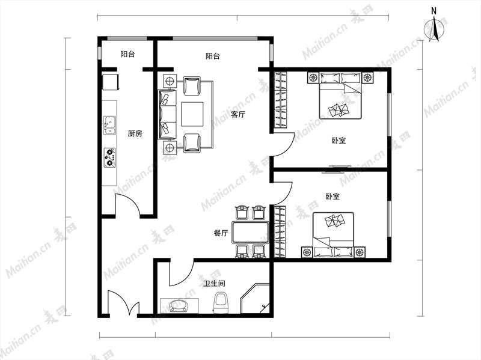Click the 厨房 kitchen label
tap(135, 133)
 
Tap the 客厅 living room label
tap(238, 115)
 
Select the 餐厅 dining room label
tap(221, 233)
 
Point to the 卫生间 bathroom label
tap(215, 283)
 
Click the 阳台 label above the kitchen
tap(127, 54)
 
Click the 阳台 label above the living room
tap(213, 56)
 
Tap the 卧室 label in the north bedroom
tap(339, 141)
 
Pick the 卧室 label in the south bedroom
tap(333, 197)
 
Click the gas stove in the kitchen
tap(110, 157)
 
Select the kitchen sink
tap(109, 126)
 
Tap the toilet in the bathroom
tap(221, 303)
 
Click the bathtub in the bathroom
tap(179, 306)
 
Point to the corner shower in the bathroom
tap(254, 299)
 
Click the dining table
tap(250, 233)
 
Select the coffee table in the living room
tap(192, 114)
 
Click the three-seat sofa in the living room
tap(168, 114)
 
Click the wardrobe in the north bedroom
tap(280, 100)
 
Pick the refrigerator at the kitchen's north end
tap(111, 82)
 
